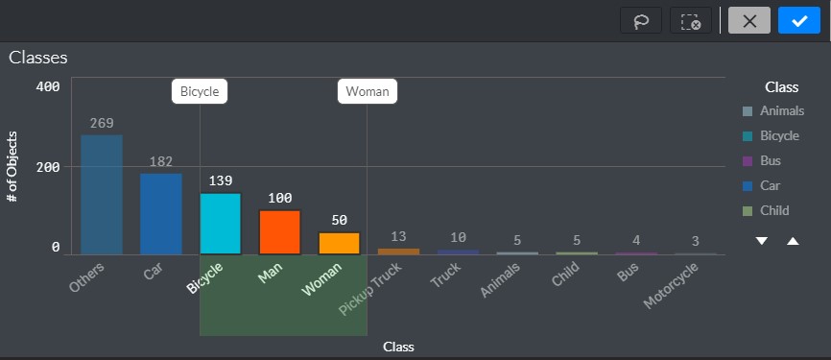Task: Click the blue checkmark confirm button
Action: coord(799,21)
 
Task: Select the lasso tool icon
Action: coord(641,21)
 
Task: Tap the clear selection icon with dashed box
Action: coord(691,21)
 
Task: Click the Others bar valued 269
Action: coord(102,195)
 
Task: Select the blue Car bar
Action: coord(161,214)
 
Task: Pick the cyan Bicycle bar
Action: coord(221,224)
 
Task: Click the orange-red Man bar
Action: coord(280,232)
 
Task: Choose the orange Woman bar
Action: coord(339,243)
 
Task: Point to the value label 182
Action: coord(161,161)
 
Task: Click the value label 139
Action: coord(221,180)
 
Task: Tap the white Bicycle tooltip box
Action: coord(200,91)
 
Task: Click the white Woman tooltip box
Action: coord(368,91)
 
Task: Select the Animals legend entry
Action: coord(773,110)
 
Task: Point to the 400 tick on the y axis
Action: coord(48,86)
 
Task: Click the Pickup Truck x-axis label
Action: coord(369,288)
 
